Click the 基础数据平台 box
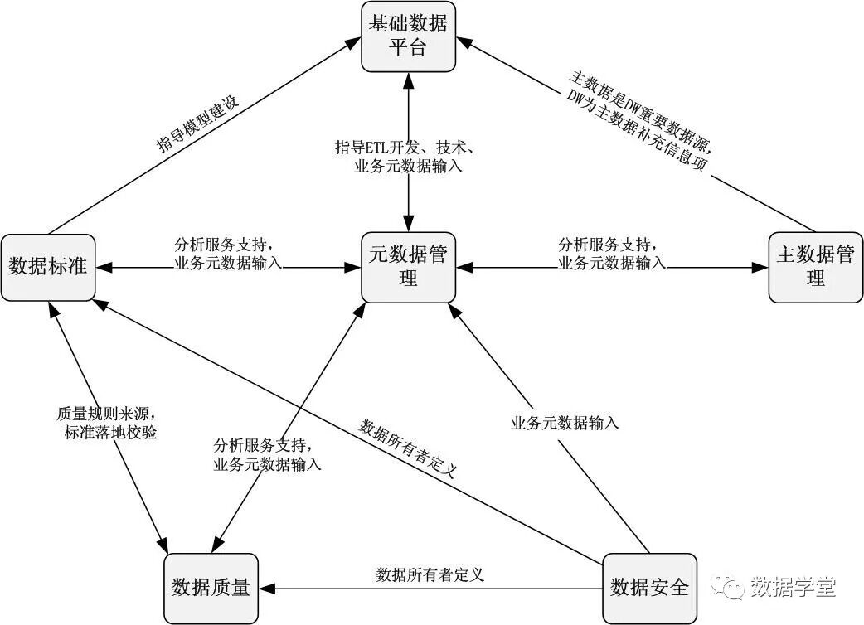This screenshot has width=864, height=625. pyautogui.click(x=408, y=36)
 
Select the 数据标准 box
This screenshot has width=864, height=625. pyautogui.click(x=48, y=267)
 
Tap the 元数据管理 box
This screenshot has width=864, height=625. pyautogui.click(x=408, y=267)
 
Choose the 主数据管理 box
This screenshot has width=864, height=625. pyautogui.click(x=815, y=267)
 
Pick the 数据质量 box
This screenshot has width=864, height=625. pyautogui.click(x=211, y=588)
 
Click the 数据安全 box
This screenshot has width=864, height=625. pyautogui.click(x=649, y=588)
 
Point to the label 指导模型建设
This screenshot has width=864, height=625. pyautogui.click(x=198, y=124)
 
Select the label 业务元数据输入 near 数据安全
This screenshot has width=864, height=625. pyautogui.click(x=564, y=423)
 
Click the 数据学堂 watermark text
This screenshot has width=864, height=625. pyautogui.click(x=793, y=587)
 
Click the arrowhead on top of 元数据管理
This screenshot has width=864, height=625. pyautogui.click(x=408, y=225)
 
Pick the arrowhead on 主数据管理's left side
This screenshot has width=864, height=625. pyautogui.click(x=761, y=267)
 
